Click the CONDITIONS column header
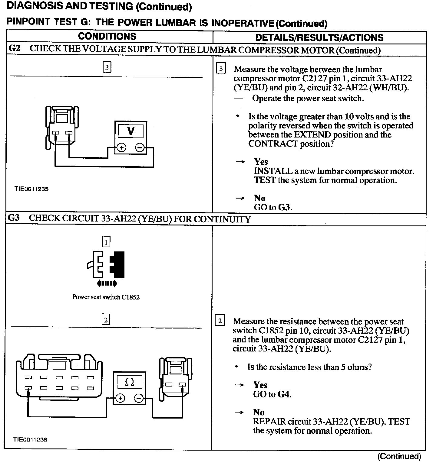(x=107, y=37)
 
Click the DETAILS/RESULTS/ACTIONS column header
(x=319, y=37)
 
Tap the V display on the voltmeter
(x=131, y=131)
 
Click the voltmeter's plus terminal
(x=122, y=148)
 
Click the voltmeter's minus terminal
(x=140, y=148)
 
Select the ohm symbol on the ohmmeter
(x=129, y=382)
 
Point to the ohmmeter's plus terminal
(x=121, y=398)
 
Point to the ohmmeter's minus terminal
(x=139, y=398)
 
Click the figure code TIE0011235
(x=31, y=189)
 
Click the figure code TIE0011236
(x=31, y=439)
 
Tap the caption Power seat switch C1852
(x=106, y=297)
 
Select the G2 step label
(x=15, y=48)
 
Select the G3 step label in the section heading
(x=14, y=218)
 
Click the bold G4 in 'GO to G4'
(x=284, y=394)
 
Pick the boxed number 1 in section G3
(x=106, y=242)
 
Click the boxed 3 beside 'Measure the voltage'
(x=221, y=69)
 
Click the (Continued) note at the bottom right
(x=399, y=456)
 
